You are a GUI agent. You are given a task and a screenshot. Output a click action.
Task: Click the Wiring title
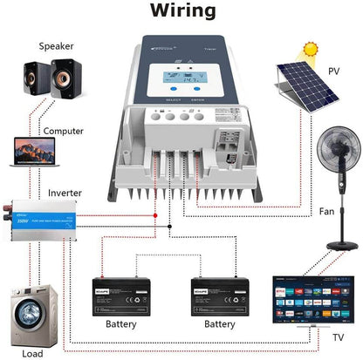(181, 11)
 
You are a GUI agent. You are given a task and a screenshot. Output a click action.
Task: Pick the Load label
(31, 354)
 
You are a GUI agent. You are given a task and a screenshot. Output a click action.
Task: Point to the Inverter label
(65, 192)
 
